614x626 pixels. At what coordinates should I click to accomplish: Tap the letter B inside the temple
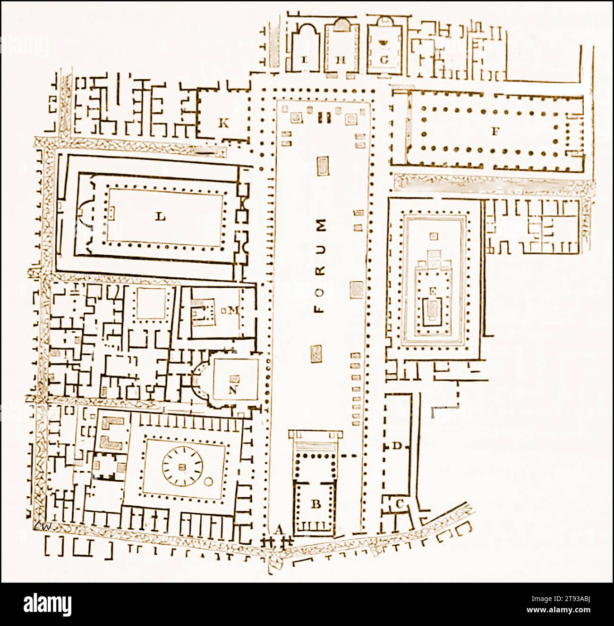point(316,504)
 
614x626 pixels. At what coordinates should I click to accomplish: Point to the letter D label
point(397,446)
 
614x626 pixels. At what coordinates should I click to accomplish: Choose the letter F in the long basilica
point(495,132)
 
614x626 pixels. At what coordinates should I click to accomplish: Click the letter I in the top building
point(304,60)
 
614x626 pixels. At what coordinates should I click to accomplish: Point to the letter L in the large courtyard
point(161,217)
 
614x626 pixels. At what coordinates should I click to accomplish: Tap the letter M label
point(233,310)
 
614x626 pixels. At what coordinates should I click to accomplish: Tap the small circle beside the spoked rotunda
point(207,482)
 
